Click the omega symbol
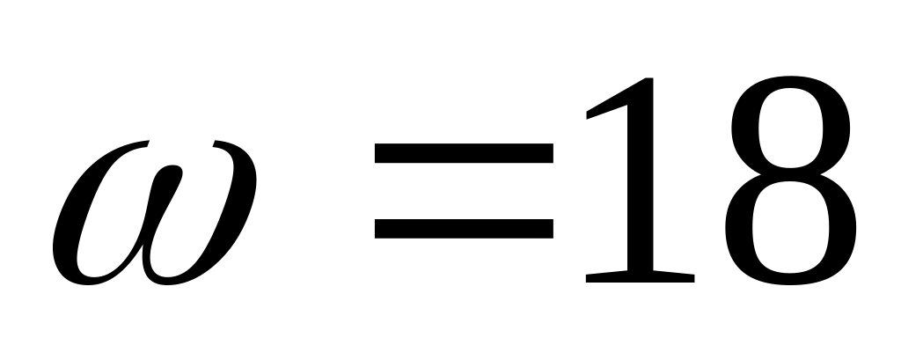(154, 216)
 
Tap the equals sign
(464, 191)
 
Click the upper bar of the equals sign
(464, 154)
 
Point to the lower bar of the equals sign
(464, 228)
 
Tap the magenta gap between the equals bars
(464, 191)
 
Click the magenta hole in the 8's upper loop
(789, 123)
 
